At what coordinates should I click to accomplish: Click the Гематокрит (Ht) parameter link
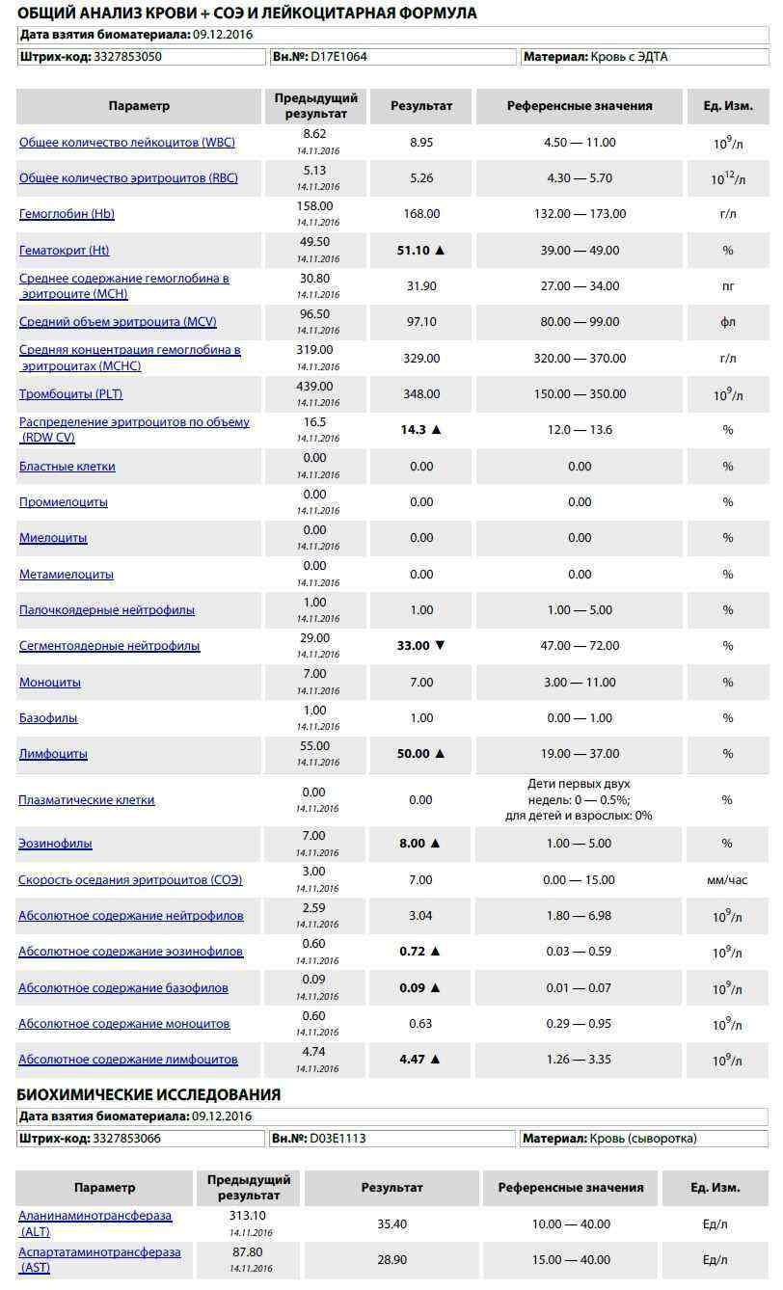pyautogui.click(x=64, y=251)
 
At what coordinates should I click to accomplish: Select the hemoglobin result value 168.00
pyautogui.click(x=421, y=214)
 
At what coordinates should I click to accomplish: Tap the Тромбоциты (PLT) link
pyautogui.click(x=71, y=394)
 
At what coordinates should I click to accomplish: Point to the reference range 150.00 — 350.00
pyautogui.click(x=580, y=394)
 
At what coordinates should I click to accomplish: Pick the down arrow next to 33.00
pyautogui.click(x=441, y=646)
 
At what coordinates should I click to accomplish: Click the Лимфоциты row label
pyautogui.click(x=53, y=754)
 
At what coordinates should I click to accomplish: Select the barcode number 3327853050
pyautogui.click(x=127, y=57)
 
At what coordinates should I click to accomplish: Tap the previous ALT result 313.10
pyautogui.click(x=248, y=1217)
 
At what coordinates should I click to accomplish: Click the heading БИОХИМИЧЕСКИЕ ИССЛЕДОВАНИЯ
pyautogui.click(x=149, y=1095)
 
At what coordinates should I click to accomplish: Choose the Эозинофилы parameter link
pyautogui.click(x=56, y=844)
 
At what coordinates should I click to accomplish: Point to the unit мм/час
pyautogui.click(x=727, y=880)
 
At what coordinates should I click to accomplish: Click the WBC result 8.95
pyautogui.click(x=421, y=143)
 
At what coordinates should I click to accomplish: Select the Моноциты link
pyautogui.click(x=50, y=683)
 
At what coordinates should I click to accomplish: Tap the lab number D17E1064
pyautogui.click(x=337, y=57)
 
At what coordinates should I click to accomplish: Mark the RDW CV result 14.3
pyautogui.click(x=414, y=430)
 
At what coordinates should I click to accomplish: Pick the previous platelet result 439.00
pyautogui.click(x=315, y=387)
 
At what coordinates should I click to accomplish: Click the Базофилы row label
pyautogui.click(x=48, y=718)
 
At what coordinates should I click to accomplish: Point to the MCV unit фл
pyautogui.click(x=728, y=322)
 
